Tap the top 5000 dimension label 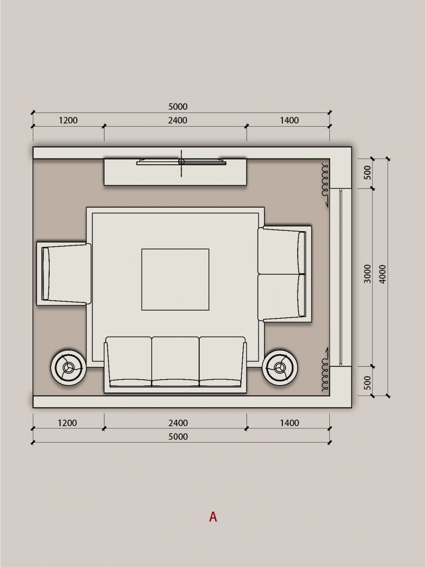coord(177,106)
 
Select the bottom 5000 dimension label coord(177,437)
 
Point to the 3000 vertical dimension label coord(367,274)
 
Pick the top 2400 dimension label coord(177,120)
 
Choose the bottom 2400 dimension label coord(177,423)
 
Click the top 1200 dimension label coord(68,120)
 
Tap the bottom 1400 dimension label coord(289,423)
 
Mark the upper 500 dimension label coord(367,172)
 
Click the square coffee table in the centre coord(175,280)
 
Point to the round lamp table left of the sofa coord(68,368)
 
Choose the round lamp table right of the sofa coord(280,368)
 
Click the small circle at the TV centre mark coord(181,162)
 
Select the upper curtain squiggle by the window coord(325,184)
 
